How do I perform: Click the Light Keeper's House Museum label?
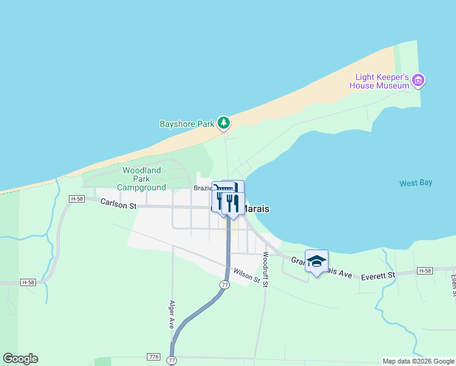click(379, 81)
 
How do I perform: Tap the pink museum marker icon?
click(418, 80)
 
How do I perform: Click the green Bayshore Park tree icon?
click(224, 123)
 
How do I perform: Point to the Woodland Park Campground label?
click(141, 179)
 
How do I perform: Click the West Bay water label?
click(416, 183)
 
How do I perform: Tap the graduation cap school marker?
click(316, 262)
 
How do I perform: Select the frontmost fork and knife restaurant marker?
click(233, 203)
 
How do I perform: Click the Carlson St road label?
click(118, 205)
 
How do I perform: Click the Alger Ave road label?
click(172, 314)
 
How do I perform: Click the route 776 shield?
click(153, 356)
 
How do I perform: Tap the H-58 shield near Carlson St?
click(76, 199)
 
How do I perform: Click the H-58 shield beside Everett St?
click(425, 270)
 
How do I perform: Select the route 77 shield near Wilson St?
click(225, 285)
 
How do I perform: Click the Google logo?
click(20, 359)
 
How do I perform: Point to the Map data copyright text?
click(418, 361)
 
